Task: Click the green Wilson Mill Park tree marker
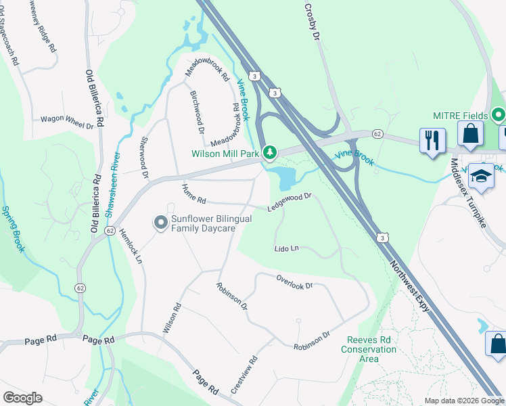[270, 152]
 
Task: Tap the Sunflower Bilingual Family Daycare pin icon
[160, 222]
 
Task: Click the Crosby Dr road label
[311, 23]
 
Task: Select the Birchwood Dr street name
[197, 112]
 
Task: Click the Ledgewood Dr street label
[289, 202]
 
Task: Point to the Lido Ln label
[287, 248]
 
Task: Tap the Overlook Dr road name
[294, 281]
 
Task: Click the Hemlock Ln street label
[131, 245]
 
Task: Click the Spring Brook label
[13, 229]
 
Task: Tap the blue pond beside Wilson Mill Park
[284, 179]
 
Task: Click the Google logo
[22, 398]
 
